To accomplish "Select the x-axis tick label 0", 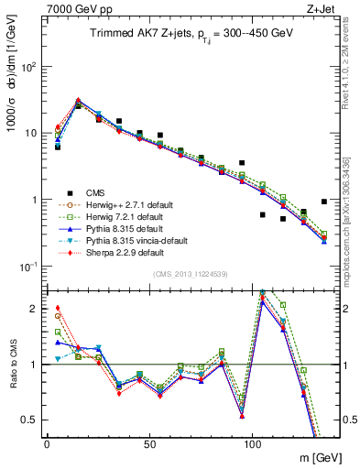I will tap(47, 442).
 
